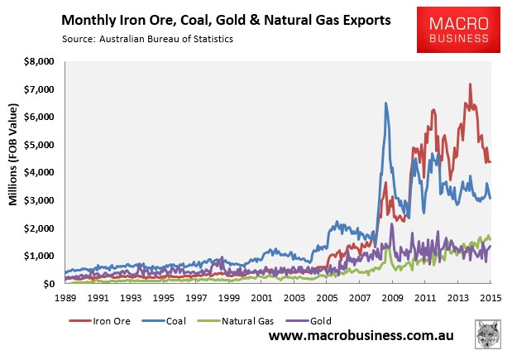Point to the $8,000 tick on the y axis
tap(37, 61)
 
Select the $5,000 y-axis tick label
tap(37, 145)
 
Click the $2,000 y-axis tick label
tap(37, 228)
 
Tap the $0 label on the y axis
tap(48, 284)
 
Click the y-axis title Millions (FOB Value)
tap(14, 171)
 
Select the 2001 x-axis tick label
tap(261, 296)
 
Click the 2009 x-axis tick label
tap(392, 296)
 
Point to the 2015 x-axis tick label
tap(490, 296)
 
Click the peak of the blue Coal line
tap(385, 103)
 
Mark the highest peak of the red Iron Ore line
tap(470, 84)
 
